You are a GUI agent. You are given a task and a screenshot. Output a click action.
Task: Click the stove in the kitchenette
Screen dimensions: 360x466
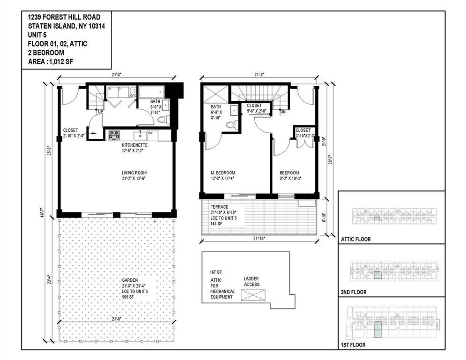click(x=114, y=135)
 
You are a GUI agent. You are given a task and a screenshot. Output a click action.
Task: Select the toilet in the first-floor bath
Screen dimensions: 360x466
click(x=162, y=120)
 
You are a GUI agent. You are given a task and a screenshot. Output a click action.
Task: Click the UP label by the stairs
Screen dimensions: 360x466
click(x=100, y=112)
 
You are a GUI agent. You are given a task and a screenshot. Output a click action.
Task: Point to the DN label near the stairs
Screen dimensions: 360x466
click(x=283, y=112)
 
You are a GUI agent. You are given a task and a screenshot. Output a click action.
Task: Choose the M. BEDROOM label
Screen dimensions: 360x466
click(x=222, y=172)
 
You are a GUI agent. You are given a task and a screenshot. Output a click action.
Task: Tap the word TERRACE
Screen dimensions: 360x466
click(x=220, y=206)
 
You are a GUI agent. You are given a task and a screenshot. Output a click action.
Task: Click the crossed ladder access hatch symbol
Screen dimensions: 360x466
click(x=252, y=295)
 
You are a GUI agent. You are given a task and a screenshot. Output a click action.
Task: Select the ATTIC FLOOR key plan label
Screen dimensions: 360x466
click(x=356, y=239)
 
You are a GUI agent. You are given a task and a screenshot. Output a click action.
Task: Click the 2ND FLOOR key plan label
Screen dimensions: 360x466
click(x=354, y=292)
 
